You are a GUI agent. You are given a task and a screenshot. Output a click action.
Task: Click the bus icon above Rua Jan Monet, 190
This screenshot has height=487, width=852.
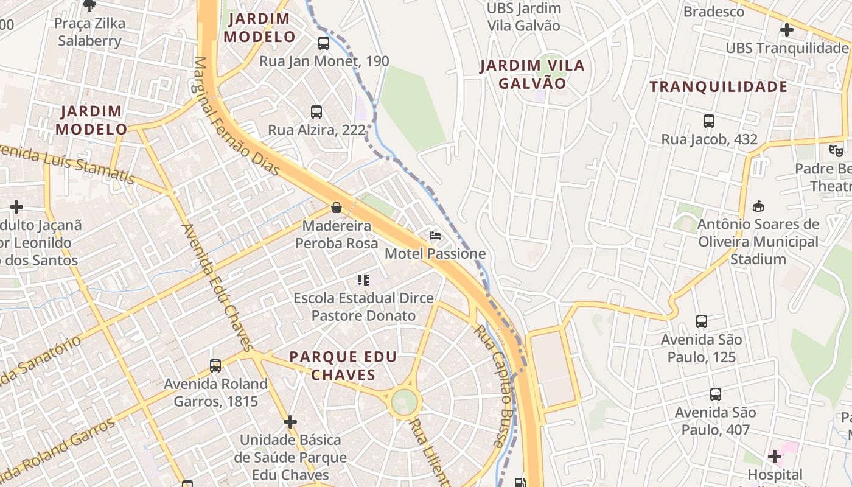(323, 43)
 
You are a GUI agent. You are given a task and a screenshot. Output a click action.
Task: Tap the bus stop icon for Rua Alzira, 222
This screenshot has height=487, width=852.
(316, 112)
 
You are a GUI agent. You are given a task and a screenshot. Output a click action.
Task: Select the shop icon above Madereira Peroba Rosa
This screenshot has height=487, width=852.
(336, 208)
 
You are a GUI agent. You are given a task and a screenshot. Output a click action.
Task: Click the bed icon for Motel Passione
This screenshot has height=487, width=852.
(435, 236)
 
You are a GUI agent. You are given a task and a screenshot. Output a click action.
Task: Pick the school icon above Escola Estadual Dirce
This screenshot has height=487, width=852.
(363, 280)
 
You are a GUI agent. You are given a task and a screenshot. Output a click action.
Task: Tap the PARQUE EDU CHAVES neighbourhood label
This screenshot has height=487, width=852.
(343, 366)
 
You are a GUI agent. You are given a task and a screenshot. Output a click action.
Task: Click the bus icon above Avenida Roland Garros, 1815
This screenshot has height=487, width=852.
(215, 366)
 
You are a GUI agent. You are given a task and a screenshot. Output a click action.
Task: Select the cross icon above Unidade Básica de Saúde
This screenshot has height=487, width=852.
(290, 421)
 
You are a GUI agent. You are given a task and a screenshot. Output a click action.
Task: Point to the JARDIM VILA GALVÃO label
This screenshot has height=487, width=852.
(532, 74)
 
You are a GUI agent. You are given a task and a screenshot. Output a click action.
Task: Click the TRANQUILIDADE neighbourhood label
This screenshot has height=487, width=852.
(719, 87)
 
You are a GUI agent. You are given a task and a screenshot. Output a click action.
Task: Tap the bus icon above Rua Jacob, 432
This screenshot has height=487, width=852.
(709, 121)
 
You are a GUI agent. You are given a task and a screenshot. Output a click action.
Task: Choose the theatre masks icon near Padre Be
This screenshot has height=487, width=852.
(836, 150)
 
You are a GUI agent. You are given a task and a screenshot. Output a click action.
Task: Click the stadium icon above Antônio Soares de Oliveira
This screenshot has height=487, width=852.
(758, 206)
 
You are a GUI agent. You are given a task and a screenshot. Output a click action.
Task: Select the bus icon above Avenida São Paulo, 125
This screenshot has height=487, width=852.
(702, 321)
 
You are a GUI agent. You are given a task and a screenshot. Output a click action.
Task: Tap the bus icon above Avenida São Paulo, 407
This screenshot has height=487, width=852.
(716, 394)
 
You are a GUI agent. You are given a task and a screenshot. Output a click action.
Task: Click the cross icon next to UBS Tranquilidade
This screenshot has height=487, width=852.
(787, 29)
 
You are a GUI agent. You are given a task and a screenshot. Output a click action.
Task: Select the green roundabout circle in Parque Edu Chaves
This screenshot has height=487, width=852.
(405, 402)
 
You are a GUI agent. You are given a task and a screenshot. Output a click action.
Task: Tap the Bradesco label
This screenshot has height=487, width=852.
(714, 11)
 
